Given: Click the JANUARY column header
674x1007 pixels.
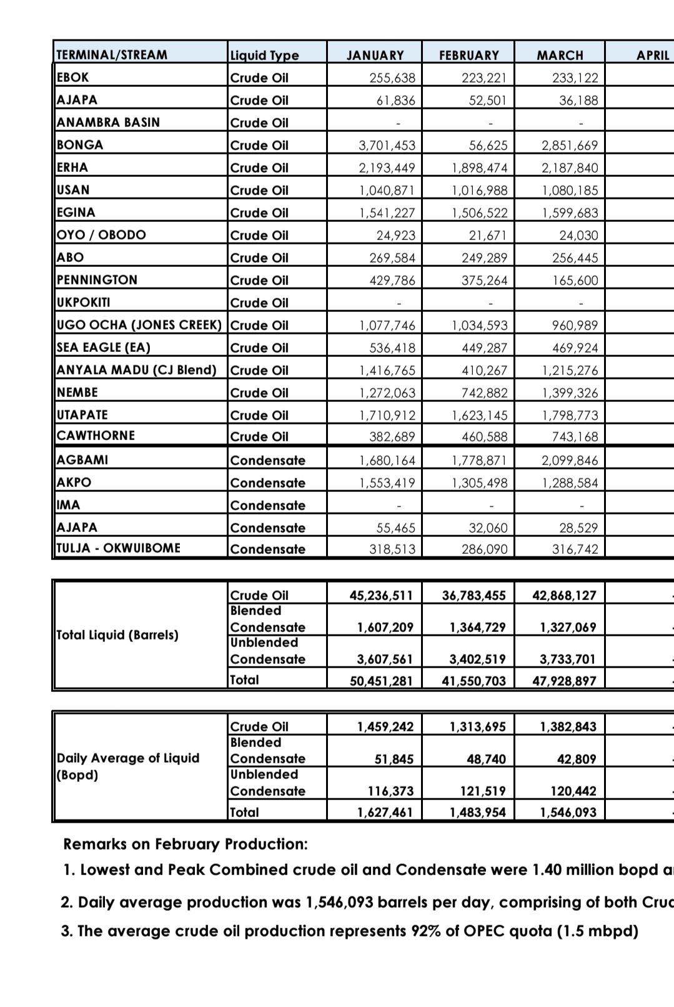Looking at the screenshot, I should click(x=375, y=55).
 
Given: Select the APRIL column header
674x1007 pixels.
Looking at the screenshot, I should click(x=652, y=55).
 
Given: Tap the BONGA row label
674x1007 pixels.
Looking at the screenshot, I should click(x=80, y=145).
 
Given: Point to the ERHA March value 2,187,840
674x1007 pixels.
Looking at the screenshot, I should click(x=570, y=168).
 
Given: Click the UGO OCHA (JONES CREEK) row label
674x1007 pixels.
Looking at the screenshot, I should click(x=139, y=325).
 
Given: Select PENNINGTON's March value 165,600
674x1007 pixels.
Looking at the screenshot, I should click(x=575, y=281).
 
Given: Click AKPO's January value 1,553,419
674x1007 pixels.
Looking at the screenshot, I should click(x=387, y=483).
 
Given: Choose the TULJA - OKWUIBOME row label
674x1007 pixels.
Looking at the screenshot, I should click(x=118, y=548).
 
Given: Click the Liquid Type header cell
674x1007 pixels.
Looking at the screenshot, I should click(x=265, y=56).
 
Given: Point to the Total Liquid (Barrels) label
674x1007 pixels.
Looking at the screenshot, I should click(x=117, y=635).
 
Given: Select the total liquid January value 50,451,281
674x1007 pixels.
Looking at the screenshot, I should click(x=381, y=681).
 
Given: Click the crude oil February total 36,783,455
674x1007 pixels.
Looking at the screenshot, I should click(x=473, y=596).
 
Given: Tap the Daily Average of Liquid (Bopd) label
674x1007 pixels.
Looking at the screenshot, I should click(x=127, y=766).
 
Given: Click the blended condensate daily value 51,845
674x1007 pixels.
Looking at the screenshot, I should click(x=394, y=759).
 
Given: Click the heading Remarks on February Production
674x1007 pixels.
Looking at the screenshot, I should click(x=186, y=844).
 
